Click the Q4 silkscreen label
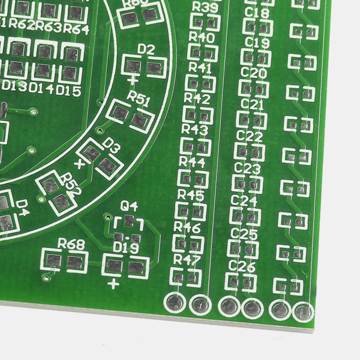(130, 206)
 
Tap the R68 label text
(71, 244)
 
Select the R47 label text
(186, 259)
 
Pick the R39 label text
(206, 7)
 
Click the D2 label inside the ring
(146, 49)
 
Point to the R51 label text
(139, 100)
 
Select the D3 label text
(112, 145)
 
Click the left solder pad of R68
(53, 261)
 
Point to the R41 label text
(200, 68)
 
